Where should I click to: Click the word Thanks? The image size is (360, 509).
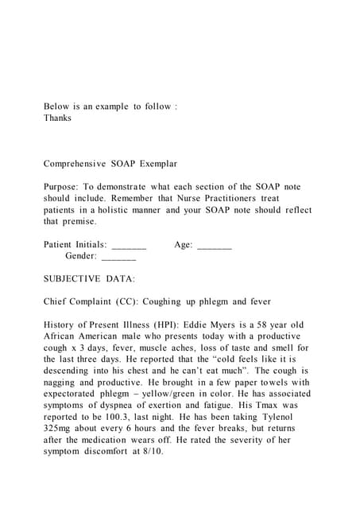pos(57,119)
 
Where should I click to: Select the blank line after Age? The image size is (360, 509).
pos(214,246)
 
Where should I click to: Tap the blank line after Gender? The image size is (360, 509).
pos(119,257)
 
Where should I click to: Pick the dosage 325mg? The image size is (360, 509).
pos(60,440)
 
